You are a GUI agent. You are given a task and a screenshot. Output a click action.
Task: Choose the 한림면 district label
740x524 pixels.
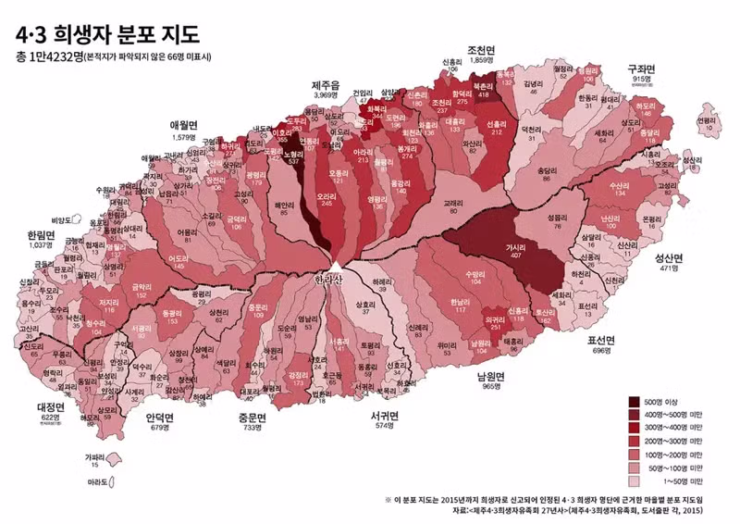click(x=41, y=235)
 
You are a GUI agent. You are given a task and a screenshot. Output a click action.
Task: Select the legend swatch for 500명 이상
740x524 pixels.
click(x=636, y=401)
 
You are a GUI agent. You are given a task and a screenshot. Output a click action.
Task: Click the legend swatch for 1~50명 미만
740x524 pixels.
click(x=636, y=481)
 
